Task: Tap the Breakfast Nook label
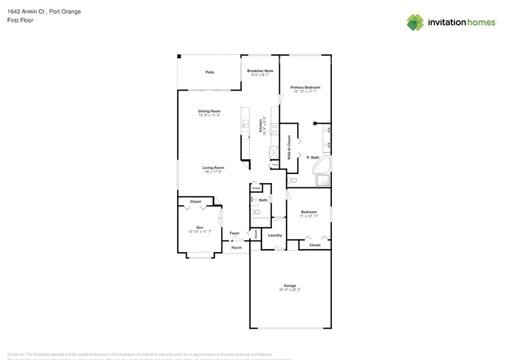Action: point(260,71)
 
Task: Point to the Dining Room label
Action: point(209,111)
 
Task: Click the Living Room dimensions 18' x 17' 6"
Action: point(214,171)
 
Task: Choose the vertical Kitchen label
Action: point(260,126)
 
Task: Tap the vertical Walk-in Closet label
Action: point(289,147)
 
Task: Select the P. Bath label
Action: point(313,158)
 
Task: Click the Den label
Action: point(200,227)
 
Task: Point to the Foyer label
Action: point(235,233)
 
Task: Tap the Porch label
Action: point(236,247)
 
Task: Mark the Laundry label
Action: point(275,235)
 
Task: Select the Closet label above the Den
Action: point(195,201)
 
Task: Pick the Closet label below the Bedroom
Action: point(315,245)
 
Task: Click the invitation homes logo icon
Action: point(415,22)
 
